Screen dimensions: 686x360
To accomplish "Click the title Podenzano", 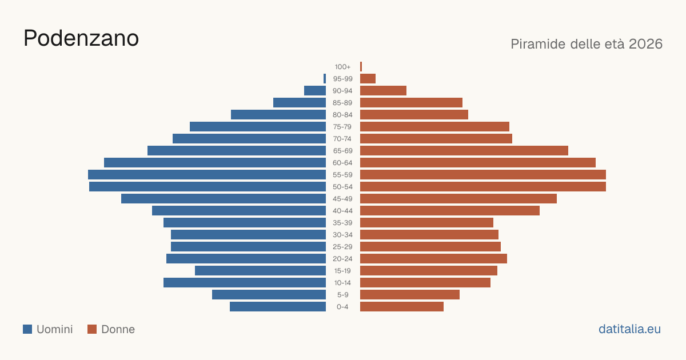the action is pos(81,38).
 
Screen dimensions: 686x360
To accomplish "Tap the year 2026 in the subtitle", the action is pos(645,44).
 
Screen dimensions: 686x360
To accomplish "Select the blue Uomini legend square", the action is pos(27,329).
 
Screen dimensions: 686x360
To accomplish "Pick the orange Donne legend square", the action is pos(92,329).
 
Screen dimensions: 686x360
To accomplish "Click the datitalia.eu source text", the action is pos(629,329).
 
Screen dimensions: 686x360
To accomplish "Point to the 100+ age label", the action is pos(342,67).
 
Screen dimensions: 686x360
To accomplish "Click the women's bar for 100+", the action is pos(361,66).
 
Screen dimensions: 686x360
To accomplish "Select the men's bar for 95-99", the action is pos(325,78).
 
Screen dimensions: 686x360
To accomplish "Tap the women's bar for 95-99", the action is pos(368,78).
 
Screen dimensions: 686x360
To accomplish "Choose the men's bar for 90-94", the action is pos(315,91).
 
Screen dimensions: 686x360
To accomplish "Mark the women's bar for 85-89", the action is pos(411,102).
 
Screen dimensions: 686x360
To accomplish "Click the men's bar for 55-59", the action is pos(207,174).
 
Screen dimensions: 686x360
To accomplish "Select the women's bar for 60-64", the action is pos(478,162).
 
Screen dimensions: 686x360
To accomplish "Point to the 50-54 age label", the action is pos(342,187).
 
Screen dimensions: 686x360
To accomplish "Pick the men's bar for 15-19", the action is pos(260,271).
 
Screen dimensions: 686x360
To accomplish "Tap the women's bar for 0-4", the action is pos(402,307).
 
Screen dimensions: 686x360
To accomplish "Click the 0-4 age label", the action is pos(342,307).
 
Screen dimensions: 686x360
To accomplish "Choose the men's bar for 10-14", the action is pos(245,282).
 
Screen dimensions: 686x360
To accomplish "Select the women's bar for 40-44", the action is pos(450,211).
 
